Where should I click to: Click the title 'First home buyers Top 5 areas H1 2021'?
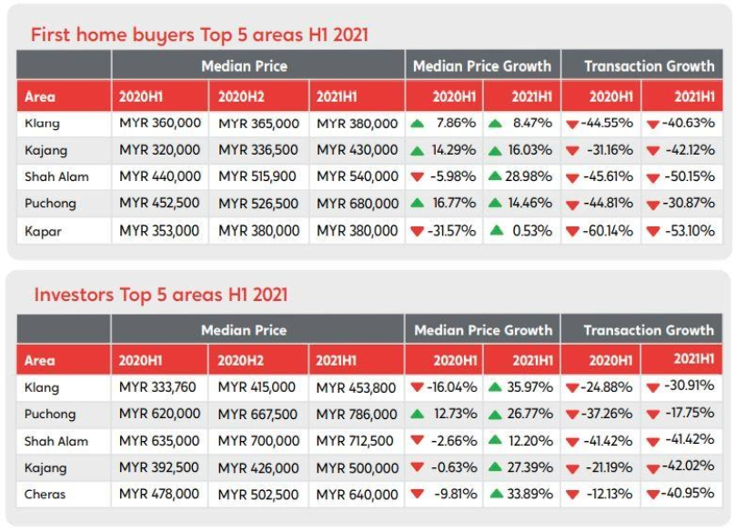coord(199,35)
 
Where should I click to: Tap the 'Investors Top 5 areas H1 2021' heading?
coord(160,295)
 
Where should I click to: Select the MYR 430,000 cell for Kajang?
coord(358,150)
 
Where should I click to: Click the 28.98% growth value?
coord(528,176)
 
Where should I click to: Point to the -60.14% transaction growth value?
coord(609,231)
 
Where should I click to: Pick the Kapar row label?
coord(43,231)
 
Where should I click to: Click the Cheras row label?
coord(45,494)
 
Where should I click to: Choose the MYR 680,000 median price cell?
coord(358,204)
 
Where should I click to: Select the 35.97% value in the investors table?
coord(529,387)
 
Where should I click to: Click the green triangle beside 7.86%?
coord(417,124)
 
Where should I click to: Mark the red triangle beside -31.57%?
coord(417,231)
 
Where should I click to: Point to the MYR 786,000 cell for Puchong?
coord(357,415)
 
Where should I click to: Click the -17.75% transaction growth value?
coord(690,413)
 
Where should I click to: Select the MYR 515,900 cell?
coord(257,176)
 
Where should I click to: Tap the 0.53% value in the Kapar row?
coord(532,231)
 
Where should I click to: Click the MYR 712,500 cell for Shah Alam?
coord(355,441)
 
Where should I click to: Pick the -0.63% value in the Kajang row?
coord(454,467)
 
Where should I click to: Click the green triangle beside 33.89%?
coord(496,494)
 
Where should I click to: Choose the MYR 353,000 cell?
coord(159,231)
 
